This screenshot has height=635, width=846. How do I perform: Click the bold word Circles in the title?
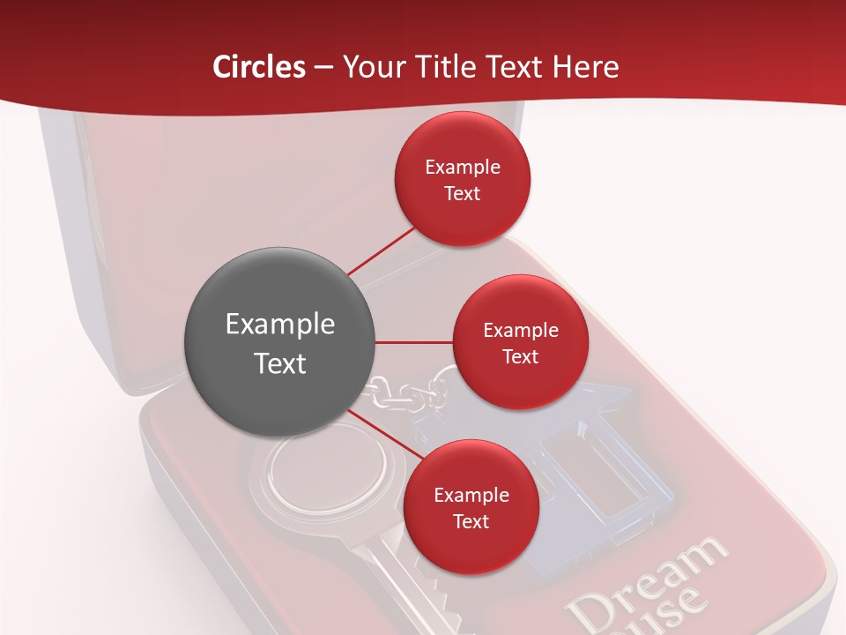[259, 67]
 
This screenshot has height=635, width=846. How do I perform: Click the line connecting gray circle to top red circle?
[381, 250]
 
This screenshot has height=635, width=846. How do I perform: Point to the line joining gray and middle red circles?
[414, 341]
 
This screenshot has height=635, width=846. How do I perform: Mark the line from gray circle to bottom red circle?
[381, 437]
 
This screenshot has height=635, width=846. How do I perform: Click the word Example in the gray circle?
[280, 325]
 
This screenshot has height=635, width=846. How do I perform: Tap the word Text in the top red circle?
[463, 194]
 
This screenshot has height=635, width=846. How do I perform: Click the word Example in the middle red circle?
[521, 331]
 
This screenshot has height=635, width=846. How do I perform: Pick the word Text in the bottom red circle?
[471, 522]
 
